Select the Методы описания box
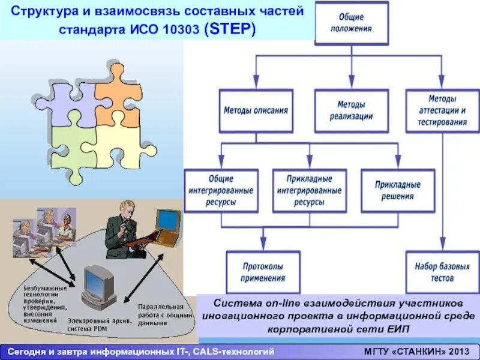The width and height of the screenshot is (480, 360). click(256, 111)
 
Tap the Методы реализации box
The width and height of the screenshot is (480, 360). click(351, 111)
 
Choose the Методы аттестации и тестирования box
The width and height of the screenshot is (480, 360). click(442, 111)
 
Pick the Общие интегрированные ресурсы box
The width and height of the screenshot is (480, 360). click(221, 191)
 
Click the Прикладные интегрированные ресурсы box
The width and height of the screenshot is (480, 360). click(309, 191)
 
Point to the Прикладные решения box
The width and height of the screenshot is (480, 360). click(398, 191)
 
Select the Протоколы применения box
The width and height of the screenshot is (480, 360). click(263, 272)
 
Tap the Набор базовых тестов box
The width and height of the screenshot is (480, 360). click(442, 272)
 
